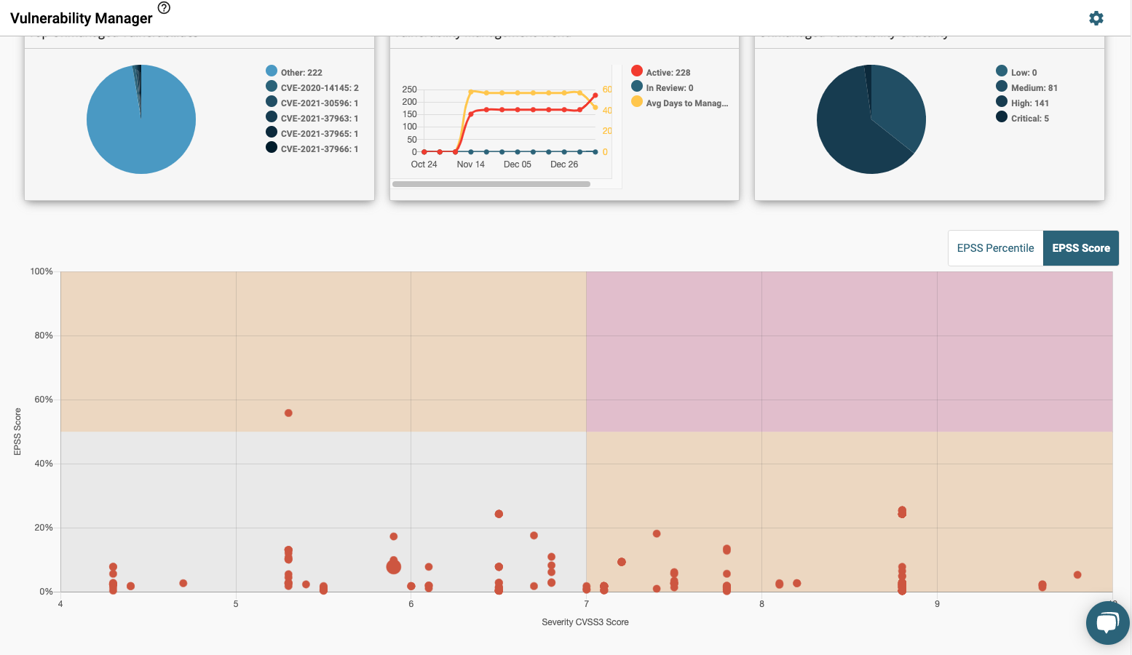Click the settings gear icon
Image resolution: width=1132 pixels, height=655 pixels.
1096,18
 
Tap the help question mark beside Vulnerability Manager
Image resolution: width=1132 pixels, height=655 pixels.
164,8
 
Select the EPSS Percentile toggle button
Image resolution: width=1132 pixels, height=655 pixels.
995,248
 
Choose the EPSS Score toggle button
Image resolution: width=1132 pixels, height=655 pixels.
1080,248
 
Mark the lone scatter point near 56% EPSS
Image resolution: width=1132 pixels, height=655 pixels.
288,413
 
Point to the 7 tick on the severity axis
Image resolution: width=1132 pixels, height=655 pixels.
586,604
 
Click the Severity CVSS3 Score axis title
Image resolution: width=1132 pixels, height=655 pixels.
585,622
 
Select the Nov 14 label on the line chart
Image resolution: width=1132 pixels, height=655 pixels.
470,164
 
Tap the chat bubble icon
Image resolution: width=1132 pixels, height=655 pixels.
1107,623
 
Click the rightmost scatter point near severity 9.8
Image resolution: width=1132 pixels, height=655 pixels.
1077,575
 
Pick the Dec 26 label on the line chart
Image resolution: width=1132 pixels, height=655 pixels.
563,164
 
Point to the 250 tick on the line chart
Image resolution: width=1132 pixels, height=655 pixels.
409,90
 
